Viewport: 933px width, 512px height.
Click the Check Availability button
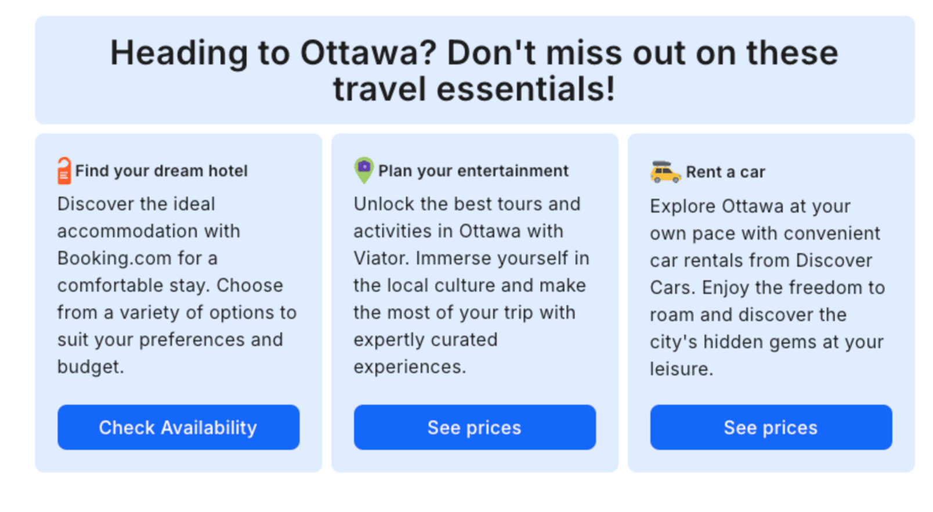pyautogui.click(x=178, y=427)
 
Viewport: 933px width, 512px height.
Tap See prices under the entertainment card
pyautogui.click(x=475, y=427)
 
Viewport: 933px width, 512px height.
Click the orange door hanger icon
pyautogui.click(x=64, y=171)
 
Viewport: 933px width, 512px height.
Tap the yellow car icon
pyautogui.click(x=666, y=172)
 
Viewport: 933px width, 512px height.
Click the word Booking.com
pyautogui.click(x=114, y=258)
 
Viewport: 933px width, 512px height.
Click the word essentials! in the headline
pyautogui.click(x=526, y=89)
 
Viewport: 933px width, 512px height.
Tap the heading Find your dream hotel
pyautogui.click(x=161, y=171)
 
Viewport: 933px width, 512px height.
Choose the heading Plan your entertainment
pyautogui.click(x=473, y=171)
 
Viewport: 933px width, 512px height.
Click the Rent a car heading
pyautogui.click(x=726, y=172)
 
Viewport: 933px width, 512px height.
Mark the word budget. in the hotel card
pyautogui.click(x=91, y=367)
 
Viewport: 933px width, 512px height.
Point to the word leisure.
pyautogui.click(x=682, y=369)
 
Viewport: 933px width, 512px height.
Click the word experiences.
pyautogui.click(x=410, y=367)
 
